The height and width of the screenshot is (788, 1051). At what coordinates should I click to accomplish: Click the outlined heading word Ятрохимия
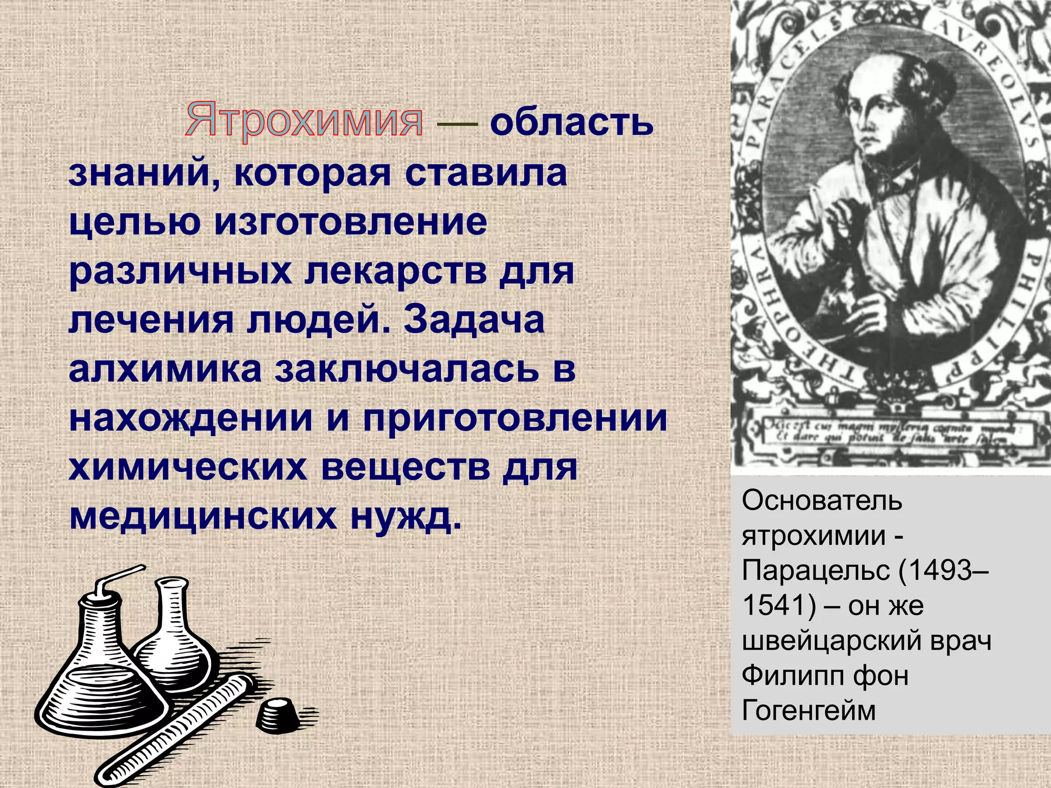[304, 121]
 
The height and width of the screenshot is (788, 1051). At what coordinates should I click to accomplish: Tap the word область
[571, 123]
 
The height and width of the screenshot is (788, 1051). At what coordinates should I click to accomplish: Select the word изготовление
[351, 222]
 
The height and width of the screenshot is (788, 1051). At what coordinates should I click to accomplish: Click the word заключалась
[406, 368]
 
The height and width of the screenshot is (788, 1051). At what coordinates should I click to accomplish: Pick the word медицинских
[203, 516]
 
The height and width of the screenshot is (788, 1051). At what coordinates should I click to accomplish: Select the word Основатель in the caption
[822, 500]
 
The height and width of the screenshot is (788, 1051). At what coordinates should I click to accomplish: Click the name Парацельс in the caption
[816, 570]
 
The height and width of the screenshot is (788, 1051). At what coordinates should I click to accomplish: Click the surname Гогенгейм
[809, 711]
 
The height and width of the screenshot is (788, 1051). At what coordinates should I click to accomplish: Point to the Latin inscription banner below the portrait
[888, 432]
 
